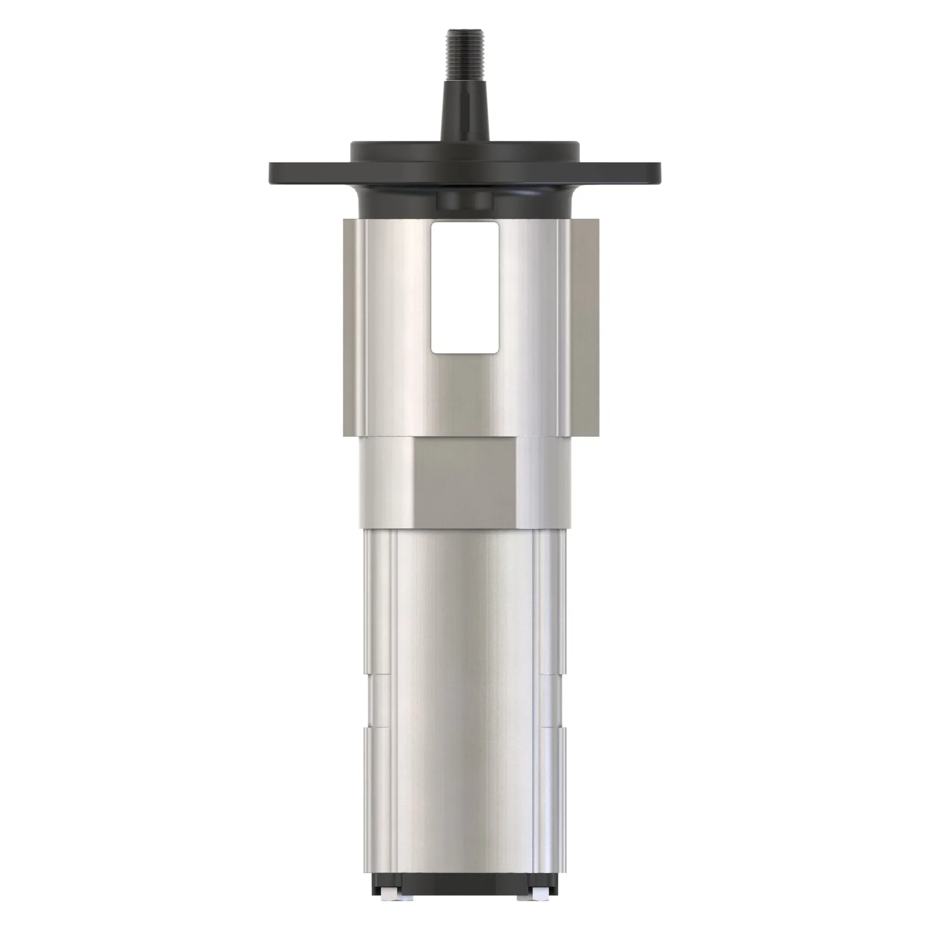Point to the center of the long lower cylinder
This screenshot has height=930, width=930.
click(465, 698)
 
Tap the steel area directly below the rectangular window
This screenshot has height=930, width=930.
click(465, 395)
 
